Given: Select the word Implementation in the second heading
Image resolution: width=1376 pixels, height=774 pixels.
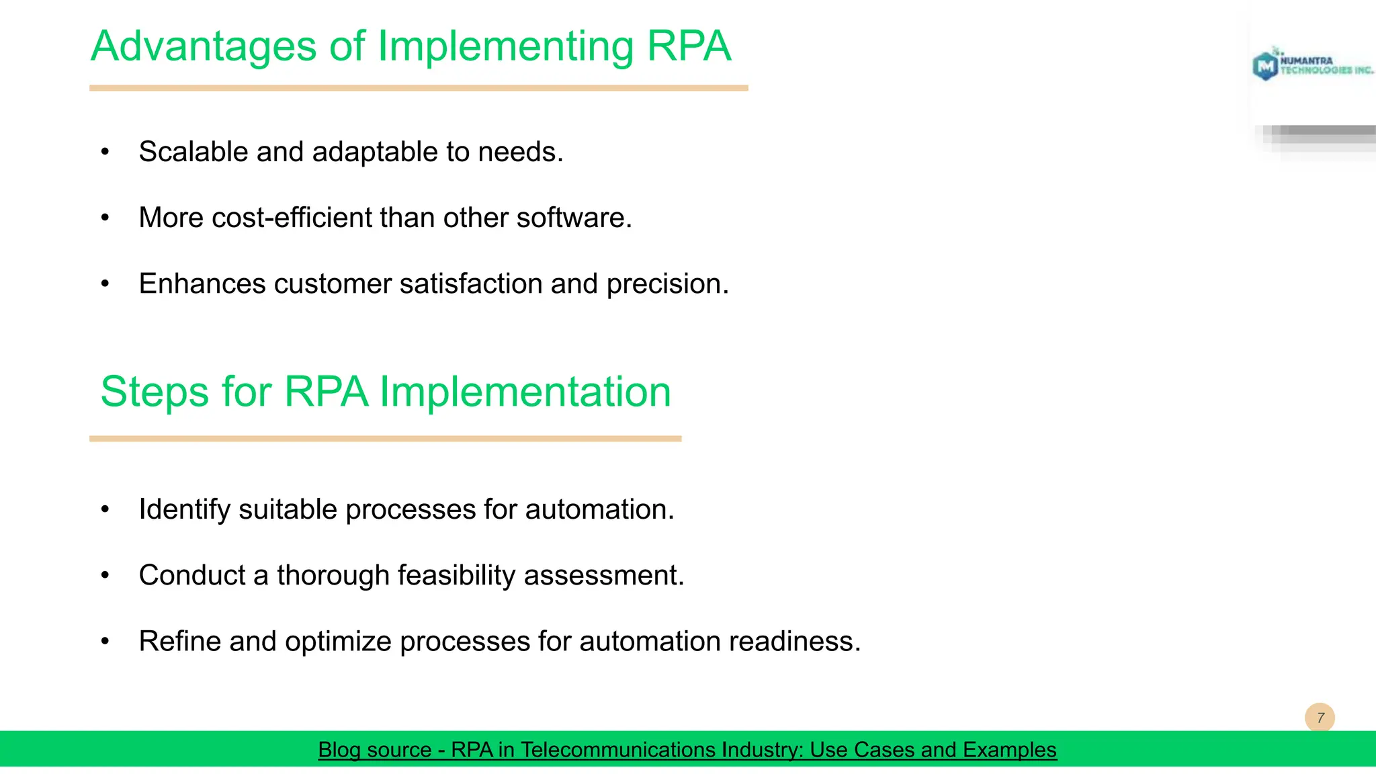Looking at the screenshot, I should pyautogui.click(x=525, y=392).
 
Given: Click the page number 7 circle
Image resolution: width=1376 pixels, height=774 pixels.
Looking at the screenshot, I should pyautogui.click(x=1320, y=718).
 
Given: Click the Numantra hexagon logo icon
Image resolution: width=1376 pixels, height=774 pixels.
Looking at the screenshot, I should pyautogui.click(x=1265, y=66).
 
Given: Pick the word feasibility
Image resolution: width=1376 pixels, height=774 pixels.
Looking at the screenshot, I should pyautogui.click(x=456, y=576).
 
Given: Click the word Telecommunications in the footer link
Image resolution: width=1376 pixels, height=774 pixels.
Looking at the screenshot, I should pyautogui.click(x=661, y=749).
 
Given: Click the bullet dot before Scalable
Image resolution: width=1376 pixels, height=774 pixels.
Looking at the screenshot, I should pyautogui.click(x=105, y=153).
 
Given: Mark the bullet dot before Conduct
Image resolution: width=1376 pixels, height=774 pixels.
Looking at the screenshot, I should pyautogui.click(x=105, y=576).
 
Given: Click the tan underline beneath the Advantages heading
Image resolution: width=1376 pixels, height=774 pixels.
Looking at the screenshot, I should pyautogui.click(x=419, y=88).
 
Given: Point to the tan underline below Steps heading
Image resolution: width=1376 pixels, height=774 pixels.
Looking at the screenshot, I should pyautogui.click(x=385, y=439).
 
